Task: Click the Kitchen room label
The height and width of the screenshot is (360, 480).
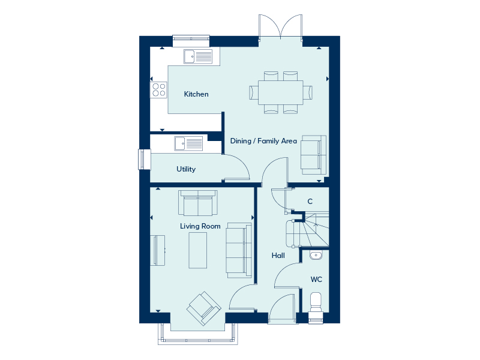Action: pyautogui.click(x=196, y=94)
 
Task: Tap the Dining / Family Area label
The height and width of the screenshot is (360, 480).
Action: pyautogui.click(x=263, y=141)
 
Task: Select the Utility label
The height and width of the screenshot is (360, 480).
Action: pyautogui.click(x=186, y=169)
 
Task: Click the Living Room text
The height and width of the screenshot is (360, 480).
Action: pyautogui.click(x=200, y=226)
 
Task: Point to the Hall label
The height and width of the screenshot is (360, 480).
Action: pyautogui.click(x=278, y=256)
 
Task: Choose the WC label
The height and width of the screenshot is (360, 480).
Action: pyautogui.click(x=316, y=279)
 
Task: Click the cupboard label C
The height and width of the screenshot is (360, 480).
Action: pyautogui.click(x=310, y=202)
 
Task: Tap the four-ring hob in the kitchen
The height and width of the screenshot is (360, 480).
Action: pyautogui.click(x=158, y=90)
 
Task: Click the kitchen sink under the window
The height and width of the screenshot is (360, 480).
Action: pyautogui.click(x=198, y=56)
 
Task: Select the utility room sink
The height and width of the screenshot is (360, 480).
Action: pyautogui.click(x=188, y=143)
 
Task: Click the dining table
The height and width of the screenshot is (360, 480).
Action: pyautogui.click(x=281, y=92)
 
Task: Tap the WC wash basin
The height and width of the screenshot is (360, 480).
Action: pyautogui.click(x=316, y=255)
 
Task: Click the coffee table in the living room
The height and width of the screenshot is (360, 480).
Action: pyautogui.click(x=198, y=250)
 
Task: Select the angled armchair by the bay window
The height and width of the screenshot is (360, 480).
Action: pyautogui.click(x=204, y=308)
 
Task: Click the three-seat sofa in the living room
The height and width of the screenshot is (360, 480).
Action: pyautogui.click(x=239, y=250)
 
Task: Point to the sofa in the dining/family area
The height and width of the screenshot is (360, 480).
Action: pyautogui.click(x=313, y=155)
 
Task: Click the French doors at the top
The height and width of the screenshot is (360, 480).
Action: pyautogui.click(x=280, y=28)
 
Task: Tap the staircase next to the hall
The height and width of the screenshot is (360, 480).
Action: pyautogui.click(x=308, y=229)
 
